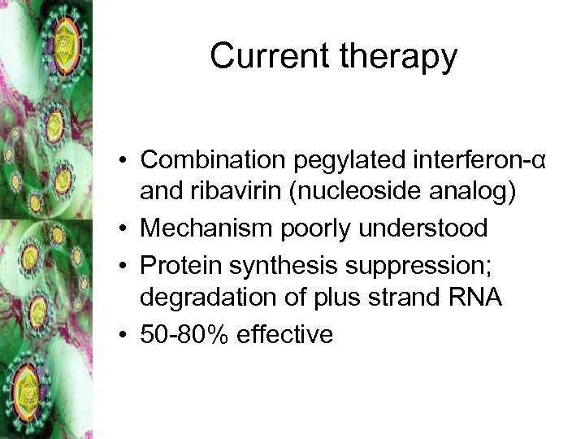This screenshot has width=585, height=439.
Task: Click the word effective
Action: [x=284, y=333]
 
